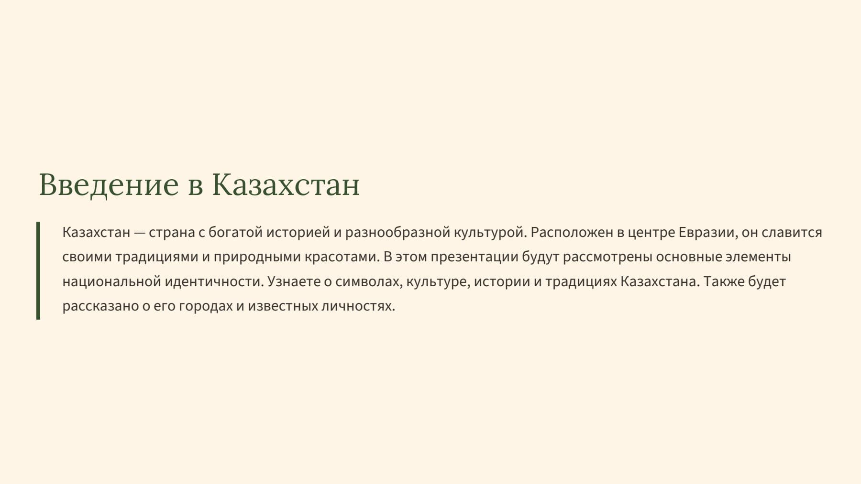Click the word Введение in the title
(x=109, y=184)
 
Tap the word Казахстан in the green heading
(x=286, y=184)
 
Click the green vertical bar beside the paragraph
(x=38, y=270)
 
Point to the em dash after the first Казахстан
(x=139, y=233)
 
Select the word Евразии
(x=707, y=233)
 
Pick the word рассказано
(x=100, y=306)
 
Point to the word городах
(x=206, y=306)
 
